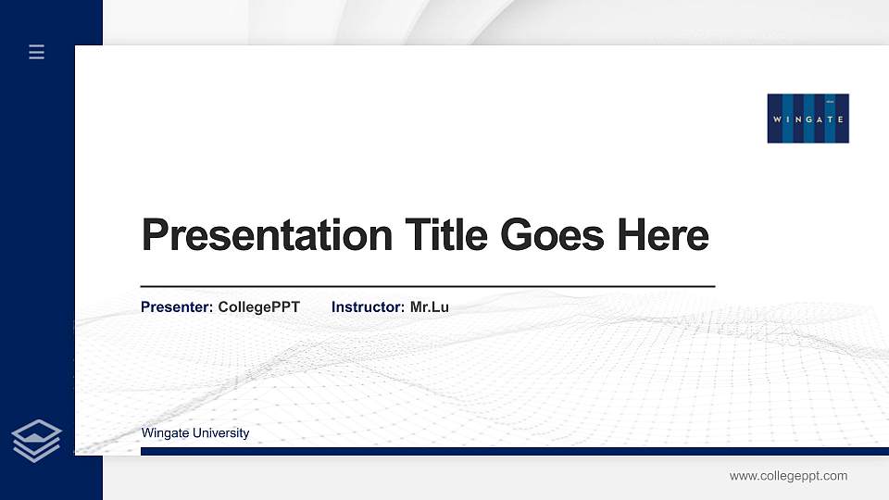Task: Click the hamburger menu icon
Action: [37, 52]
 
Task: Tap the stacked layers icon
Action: [37, 440]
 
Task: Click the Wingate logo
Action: [808, 119]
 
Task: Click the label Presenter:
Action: [177, 306]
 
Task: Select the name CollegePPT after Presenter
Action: [258, 306]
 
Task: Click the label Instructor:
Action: [368, 306]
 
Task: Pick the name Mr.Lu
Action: [430, 306]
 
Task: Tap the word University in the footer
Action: [222, 432]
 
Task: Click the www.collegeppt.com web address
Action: [788, 476]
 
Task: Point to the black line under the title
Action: [427, 286]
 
